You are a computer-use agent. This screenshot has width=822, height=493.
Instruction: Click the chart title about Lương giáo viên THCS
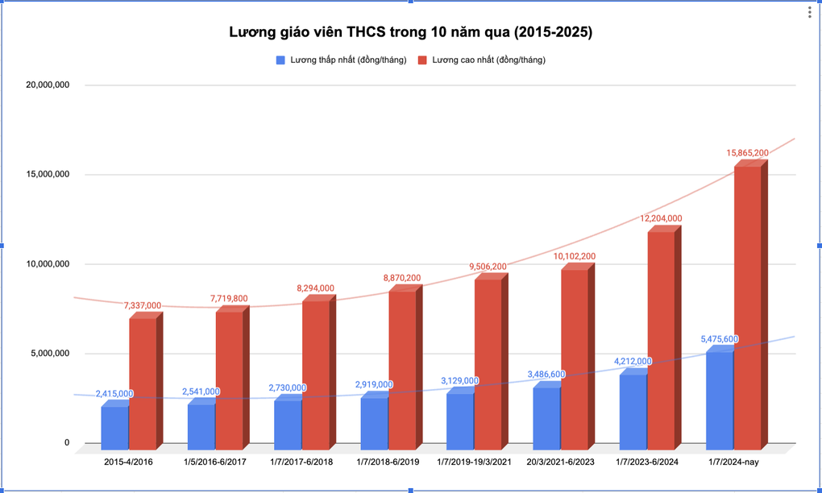click(x=410, y=33)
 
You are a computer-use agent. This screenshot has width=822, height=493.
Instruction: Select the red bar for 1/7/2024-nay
click(x=747, y=306)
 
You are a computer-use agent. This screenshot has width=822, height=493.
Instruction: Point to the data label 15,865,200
click(x=747, y=152)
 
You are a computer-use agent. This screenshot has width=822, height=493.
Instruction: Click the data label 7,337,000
click(x=142, y=305)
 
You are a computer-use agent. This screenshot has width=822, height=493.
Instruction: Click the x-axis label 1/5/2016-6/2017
click(x=214, y=462)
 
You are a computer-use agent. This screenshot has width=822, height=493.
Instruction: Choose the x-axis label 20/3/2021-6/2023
click(x=560, y=462)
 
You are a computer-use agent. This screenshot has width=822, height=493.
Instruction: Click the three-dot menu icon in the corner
click(x=809, y=12)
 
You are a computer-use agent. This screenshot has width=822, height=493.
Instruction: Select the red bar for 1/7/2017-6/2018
click(x=315, y=375)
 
